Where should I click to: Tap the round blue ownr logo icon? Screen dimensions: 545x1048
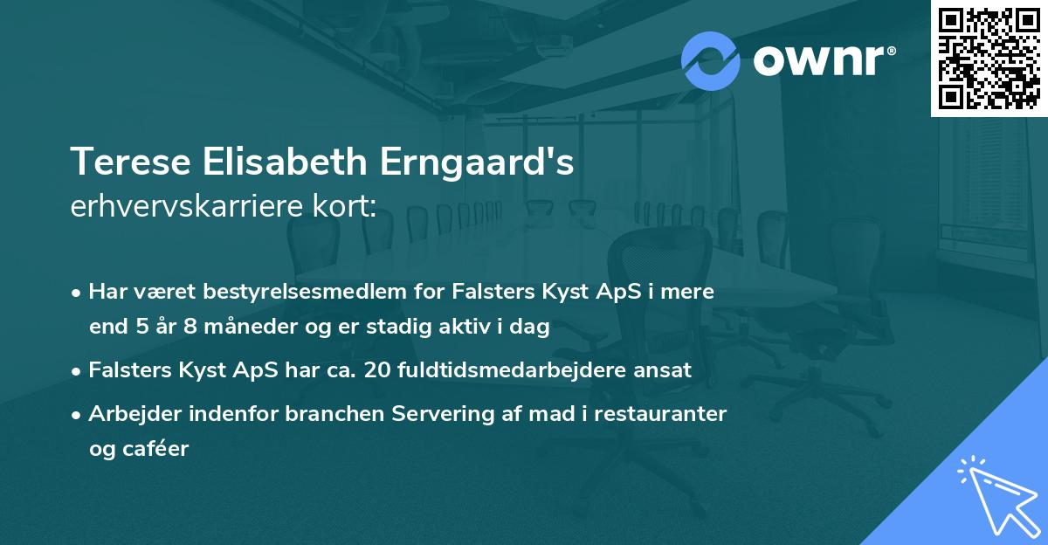pos(711,60)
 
